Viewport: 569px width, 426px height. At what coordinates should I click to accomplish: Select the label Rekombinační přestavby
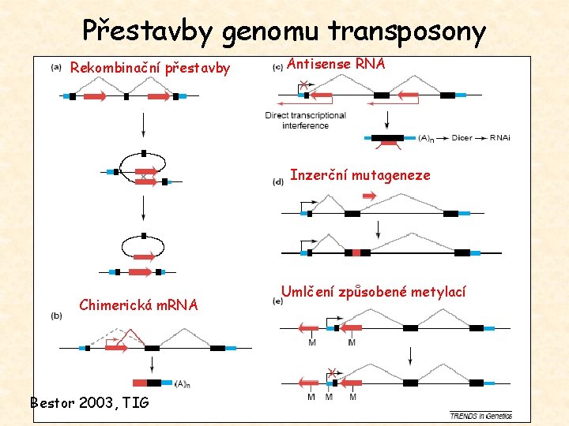coord(150,68)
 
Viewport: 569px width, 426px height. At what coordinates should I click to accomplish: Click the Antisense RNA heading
coord(336,64)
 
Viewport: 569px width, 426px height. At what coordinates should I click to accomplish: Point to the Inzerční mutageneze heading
coord(360,175)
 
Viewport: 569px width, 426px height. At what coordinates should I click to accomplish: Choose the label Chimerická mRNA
coord(139,305)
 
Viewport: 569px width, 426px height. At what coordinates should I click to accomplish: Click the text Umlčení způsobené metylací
coord(374,292)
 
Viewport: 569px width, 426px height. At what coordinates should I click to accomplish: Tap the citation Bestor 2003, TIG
coord(89,402)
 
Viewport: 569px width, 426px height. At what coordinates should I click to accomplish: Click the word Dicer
coord(462,138)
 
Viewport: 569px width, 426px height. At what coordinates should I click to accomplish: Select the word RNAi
coord(500,138)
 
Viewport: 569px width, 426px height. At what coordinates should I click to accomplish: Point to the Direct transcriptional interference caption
coord(306,120)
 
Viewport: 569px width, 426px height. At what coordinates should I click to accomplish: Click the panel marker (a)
coord(57,67)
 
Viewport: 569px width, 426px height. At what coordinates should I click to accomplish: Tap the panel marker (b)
coord(57,316)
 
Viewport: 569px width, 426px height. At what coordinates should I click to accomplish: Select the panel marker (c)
coord(278,67)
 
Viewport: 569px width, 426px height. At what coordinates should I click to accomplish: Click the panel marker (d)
coord(278,181)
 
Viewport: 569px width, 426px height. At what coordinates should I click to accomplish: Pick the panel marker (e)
coord(277,300)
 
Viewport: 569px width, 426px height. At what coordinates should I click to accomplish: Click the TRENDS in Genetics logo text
coord(480,415)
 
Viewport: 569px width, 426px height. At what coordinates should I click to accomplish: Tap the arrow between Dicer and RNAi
coord(481,138)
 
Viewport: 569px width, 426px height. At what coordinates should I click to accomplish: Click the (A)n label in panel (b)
coord(181,384)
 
